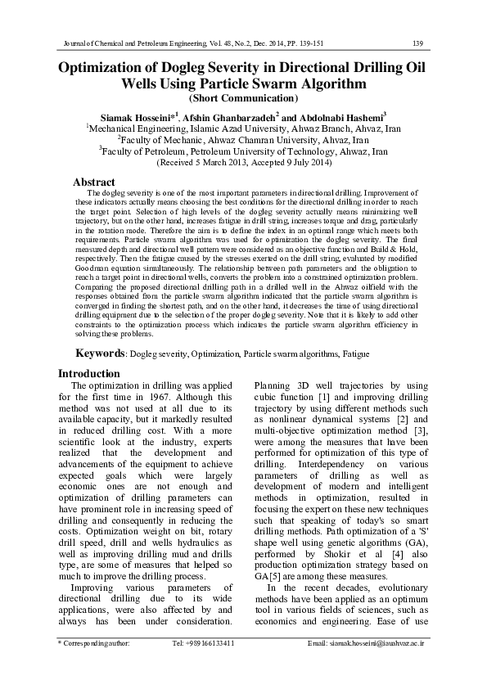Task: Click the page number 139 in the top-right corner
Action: (417, 42)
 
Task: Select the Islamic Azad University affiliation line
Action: (243, 129)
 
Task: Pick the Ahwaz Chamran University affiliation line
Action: (243, 141)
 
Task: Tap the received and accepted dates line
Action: (243, 163)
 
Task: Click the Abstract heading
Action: (94, 182)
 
